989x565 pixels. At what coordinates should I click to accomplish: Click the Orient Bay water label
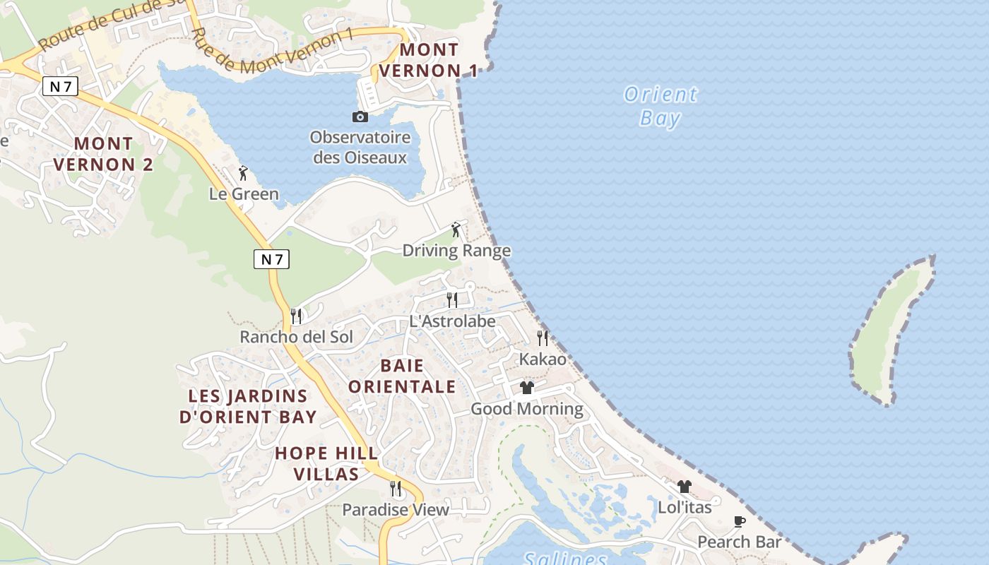coord(661,106)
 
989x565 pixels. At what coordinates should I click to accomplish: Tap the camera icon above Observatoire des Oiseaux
coord(360,117)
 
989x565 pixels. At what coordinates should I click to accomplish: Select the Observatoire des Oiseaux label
coord(360,147)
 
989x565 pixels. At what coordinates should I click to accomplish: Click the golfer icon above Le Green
coord(244,173)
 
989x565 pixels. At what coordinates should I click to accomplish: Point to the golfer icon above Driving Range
coord(456,230)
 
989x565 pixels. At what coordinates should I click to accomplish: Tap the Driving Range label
coord(456,251)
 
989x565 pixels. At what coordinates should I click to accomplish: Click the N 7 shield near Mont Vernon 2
coord(60,86)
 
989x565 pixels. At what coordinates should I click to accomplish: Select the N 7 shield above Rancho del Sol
coord(271,259)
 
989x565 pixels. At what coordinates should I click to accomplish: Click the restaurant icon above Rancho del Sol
coord(296,316)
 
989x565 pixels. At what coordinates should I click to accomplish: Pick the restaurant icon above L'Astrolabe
coord(452,300)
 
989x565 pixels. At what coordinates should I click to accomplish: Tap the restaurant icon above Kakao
coord(543,338)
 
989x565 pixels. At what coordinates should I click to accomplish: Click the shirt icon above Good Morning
coord(527,388)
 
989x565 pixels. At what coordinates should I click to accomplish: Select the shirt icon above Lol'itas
coord(684,487)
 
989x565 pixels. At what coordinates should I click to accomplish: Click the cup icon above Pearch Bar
coord(740,522)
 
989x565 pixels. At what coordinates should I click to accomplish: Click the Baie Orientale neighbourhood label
coord(402,376)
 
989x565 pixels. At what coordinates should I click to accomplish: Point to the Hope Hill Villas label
coord(326,463)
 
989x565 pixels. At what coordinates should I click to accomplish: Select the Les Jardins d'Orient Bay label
coord(248,406)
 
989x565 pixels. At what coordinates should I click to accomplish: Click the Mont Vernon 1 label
coord(429,60)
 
